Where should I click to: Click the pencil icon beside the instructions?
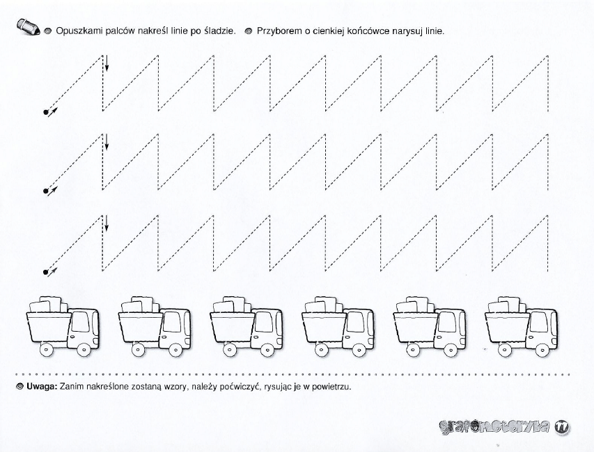[28, 27]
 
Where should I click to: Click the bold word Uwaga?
[42, 387]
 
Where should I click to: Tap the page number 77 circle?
[562, 427]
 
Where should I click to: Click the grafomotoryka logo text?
[494, 426]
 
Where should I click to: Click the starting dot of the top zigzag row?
[46, 112]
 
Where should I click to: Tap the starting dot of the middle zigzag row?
[46, 191]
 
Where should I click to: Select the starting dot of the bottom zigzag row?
[46, 272]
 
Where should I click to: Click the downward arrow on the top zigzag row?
[107, 63]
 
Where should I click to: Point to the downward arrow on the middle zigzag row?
[107, 142]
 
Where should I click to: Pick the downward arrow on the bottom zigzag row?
[107, 223]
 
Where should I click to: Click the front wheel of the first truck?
[84, 350]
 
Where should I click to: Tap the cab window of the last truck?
[539, 322]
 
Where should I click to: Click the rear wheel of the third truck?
[230, 350]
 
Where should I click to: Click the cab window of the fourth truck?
[355, 322]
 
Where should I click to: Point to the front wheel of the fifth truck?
[451, 350]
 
